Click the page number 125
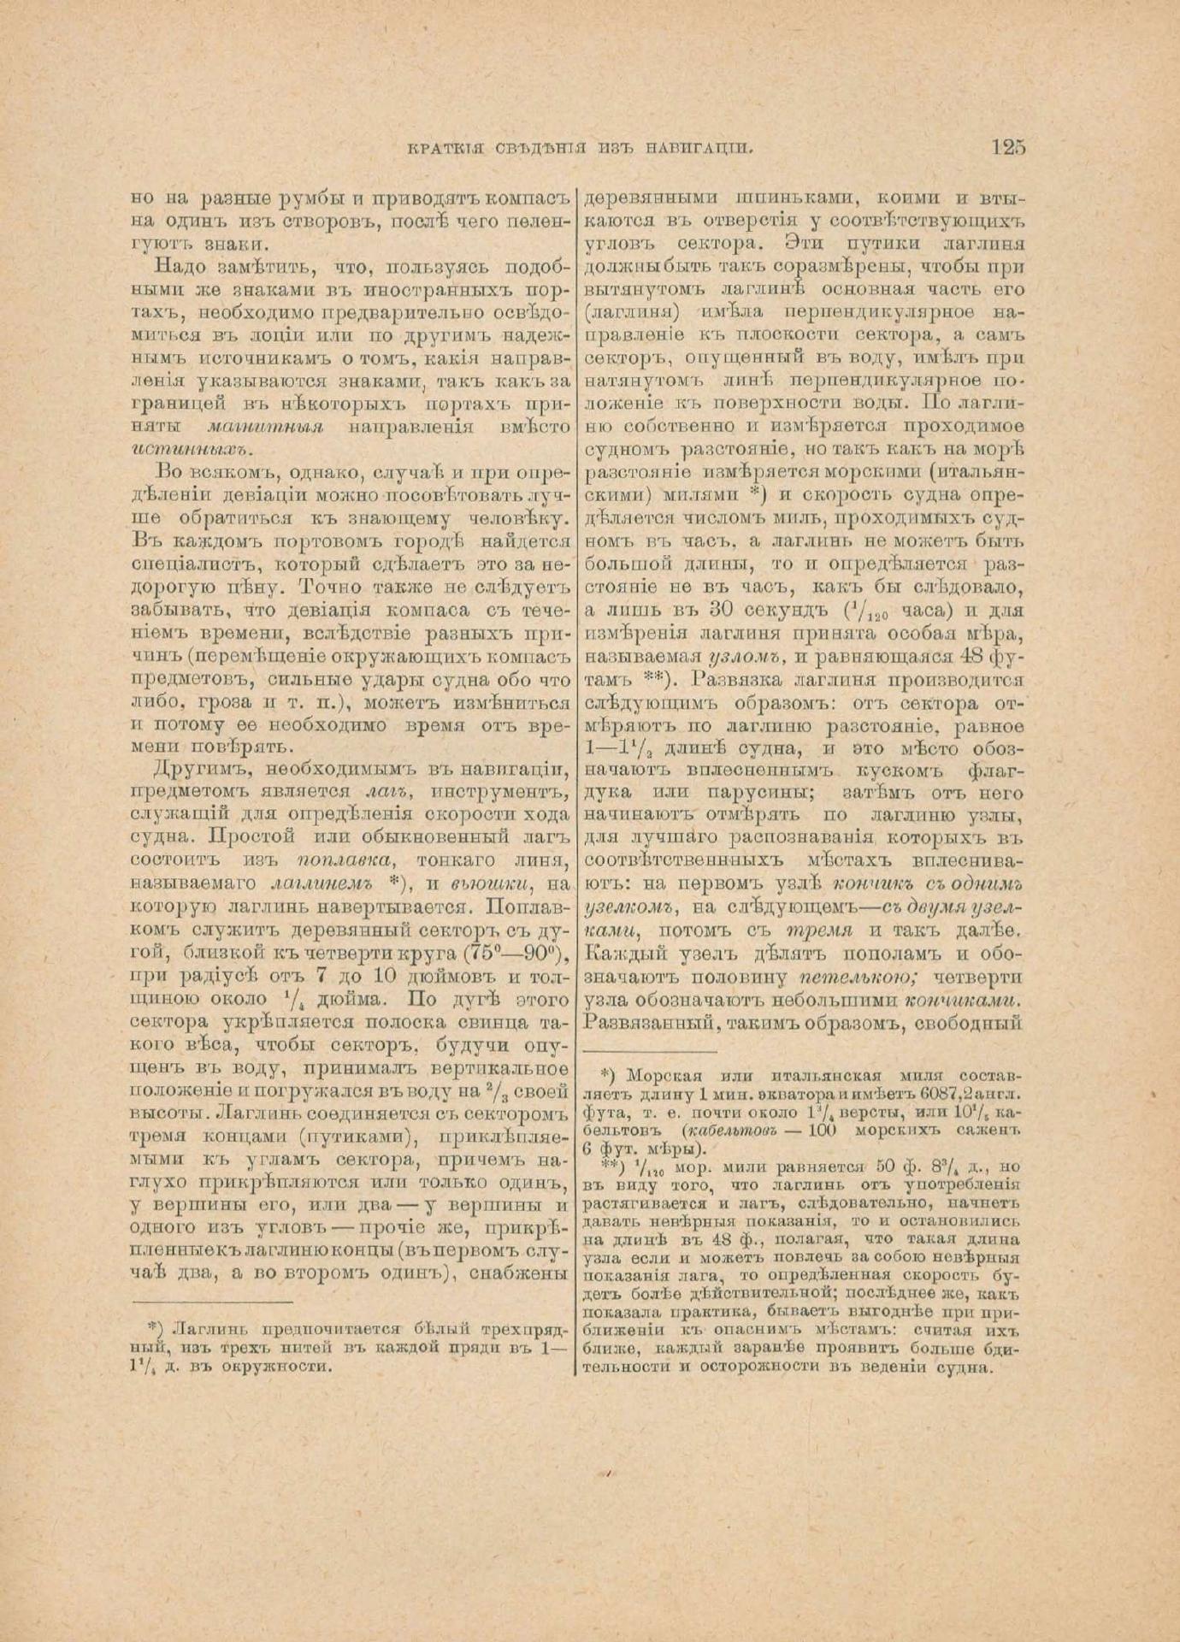(x=1008, y=146)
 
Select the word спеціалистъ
(x=182, y=564)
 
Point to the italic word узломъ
(x=752, y=658)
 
